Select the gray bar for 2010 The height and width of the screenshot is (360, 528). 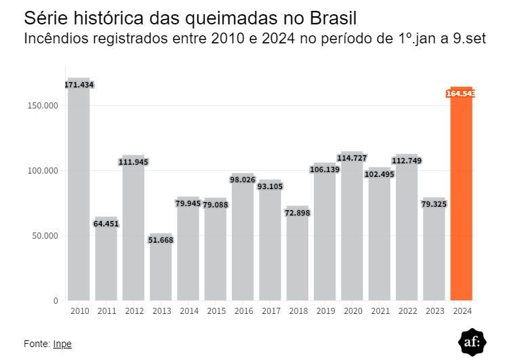(79, 197)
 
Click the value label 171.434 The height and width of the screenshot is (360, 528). (79, 85)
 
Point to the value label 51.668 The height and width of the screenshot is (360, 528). (161, 241)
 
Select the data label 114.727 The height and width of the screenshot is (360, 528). (352, 158)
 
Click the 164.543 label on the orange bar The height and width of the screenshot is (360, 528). (461, 94)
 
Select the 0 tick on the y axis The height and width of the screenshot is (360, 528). (56, 300)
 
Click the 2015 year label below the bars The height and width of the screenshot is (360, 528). (216, 311)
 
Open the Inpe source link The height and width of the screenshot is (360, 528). (62, 344)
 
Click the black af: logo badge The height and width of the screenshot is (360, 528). (472, 342)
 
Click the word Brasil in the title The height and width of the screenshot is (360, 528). (333, 16)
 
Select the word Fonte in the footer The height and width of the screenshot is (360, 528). (36, 344)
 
